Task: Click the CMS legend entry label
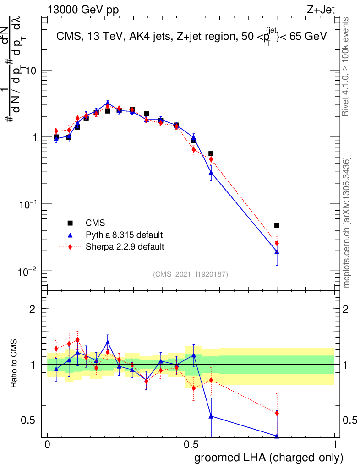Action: coord(95,223)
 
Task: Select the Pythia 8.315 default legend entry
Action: coord(124,235)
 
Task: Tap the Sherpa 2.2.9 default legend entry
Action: coord(125,247)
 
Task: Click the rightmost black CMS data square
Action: coord(277,225)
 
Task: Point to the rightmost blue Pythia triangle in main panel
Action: coord(277,252)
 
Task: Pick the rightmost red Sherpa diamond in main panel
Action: coord(277,243)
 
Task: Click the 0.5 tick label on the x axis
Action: coord(191,445)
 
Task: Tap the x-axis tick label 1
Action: coord(335,445)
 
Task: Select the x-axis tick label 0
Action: coord(47,445)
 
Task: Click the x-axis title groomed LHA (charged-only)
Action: coord(269,458)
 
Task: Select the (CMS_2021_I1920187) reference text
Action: coord(191,274)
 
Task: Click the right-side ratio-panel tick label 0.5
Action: coord(351,420)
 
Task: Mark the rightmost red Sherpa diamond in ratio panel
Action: coord(277,413)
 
